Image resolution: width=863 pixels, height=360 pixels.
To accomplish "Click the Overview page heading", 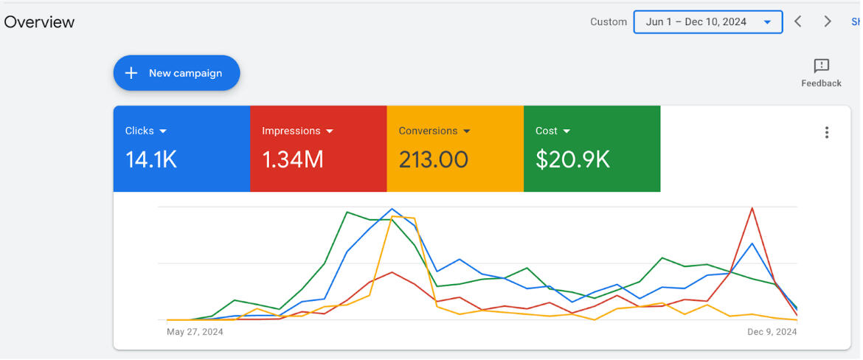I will coord(39,22).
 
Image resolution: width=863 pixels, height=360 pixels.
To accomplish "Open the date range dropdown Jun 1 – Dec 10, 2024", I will coord(707,22).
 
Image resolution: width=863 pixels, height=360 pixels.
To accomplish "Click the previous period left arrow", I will coord(797,22).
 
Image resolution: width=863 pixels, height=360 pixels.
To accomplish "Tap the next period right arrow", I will coord(828,22).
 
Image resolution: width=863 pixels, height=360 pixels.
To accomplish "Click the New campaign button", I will coord(176,73).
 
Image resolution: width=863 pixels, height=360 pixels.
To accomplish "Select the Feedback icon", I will coord(821,66).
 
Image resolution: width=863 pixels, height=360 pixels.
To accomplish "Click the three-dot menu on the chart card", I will coord(826,133).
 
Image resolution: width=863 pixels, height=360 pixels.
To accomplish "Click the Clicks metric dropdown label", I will coord(146,131).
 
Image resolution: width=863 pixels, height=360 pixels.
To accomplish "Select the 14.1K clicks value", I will coord(151,159).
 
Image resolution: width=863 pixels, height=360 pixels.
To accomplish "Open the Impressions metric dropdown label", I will coord(297,131).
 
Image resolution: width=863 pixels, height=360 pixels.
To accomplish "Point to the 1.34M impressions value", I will coord(293,159).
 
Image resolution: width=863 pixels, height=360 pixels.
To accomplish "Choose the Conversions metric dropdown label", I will coord(434,131).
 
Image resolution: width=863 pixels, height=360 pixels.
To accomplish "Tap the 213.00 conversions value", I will coord(434,159).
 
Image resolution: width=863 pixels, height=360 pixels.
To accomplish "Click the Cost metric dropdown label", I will coord(552,131).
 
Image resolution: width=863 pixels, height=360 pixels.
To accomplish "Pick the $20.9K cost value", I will coord(572,159).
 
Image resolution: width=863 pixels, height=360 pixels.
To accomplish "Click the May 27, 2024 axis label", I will coord(195,332).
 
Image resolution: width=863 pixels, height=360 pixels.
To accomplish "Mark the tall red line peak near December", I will coord(752,208).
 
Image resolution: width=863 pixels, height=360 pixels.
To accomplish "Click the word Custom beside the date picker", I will coord(609,22).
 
